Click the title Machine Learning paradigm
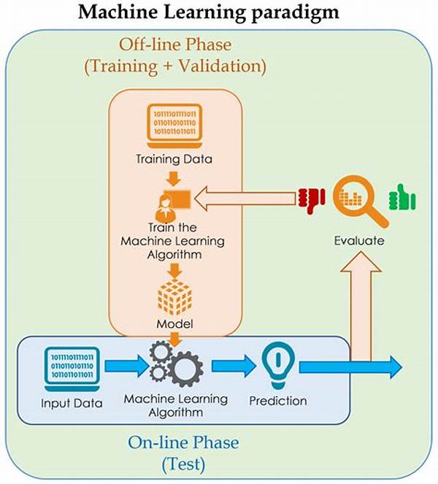219,12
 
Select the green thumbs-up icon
400,196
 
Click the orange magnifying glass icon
358,201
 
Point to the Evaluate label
358,240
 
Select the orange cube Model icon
174,296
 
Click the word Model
174,323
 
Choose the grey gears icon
176,363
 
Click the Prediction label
278,401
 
